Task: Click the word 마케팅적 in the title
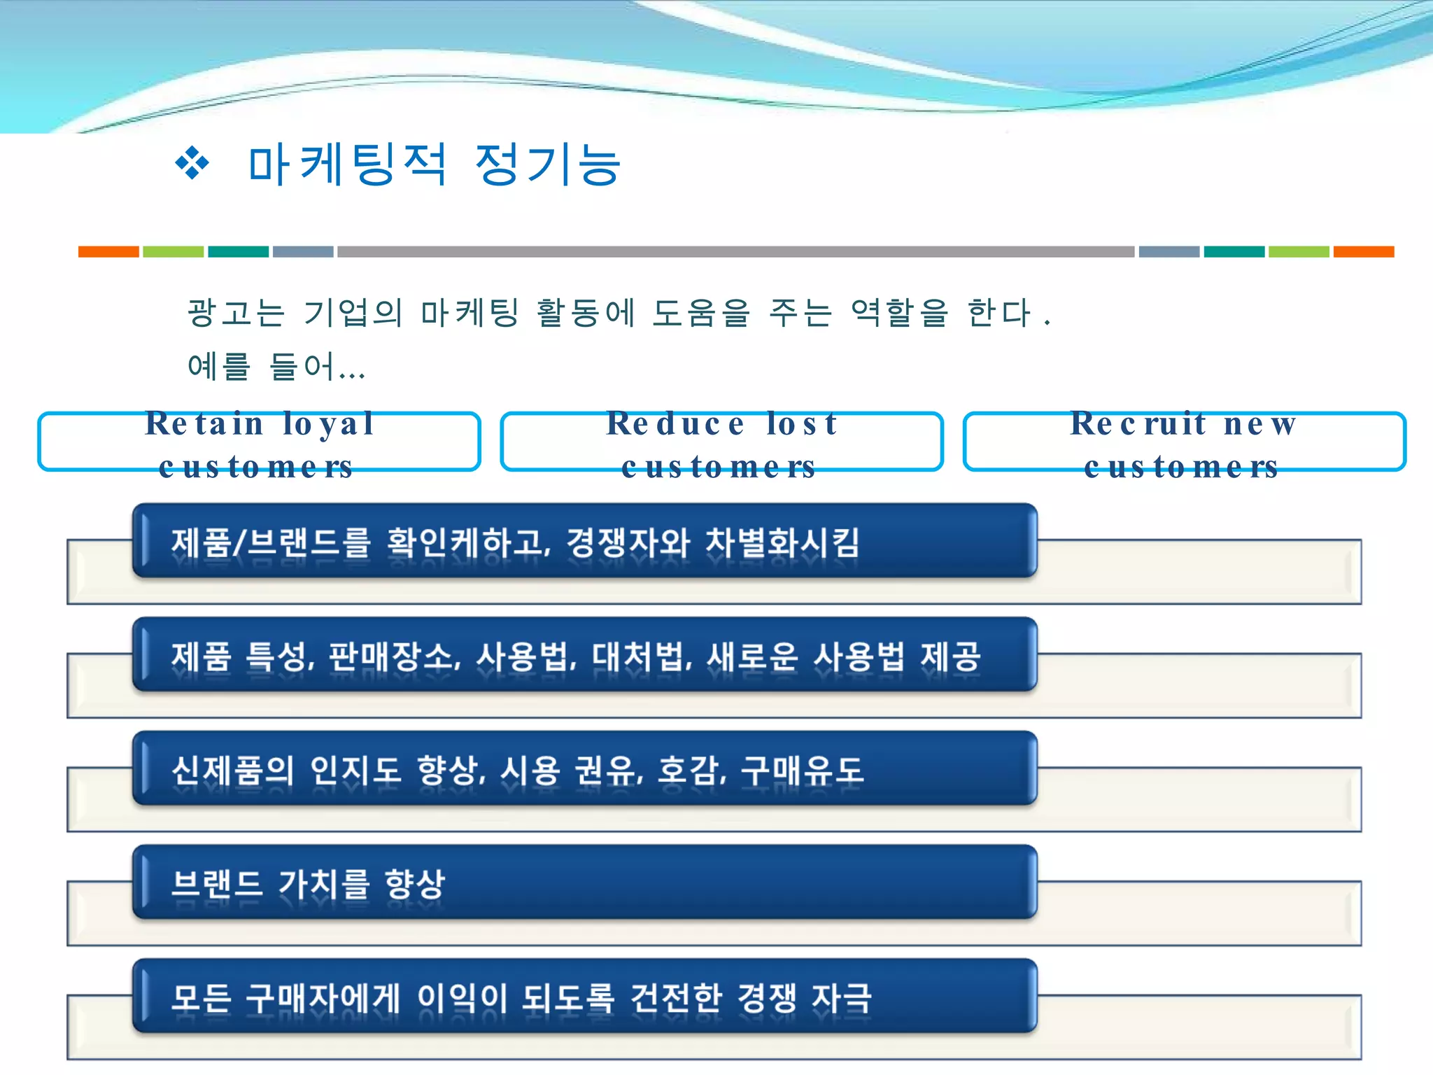pos(348,165)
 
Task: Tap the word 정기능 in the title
pos(548,165)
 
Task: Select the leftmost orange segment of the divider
pos(108,252)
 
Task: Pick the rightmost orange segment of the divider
pos(1363,252)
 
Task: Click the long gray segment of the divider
pos(735,252)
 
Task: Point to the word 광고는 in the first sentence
pos(236,312)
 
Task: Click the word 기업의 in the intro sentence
pos(353,312)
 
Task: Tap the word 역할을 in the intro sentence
pos(899,312)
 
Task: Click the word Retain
pos(204,424)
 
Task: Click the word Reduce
pos(675,424)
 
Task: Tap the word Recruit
pos(1138,424)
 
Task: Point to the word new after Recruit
pos(1259,424)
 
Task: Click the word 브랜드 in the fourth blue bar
pos(217,883)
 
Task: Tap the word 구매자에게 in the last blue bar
pos(323,997)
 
